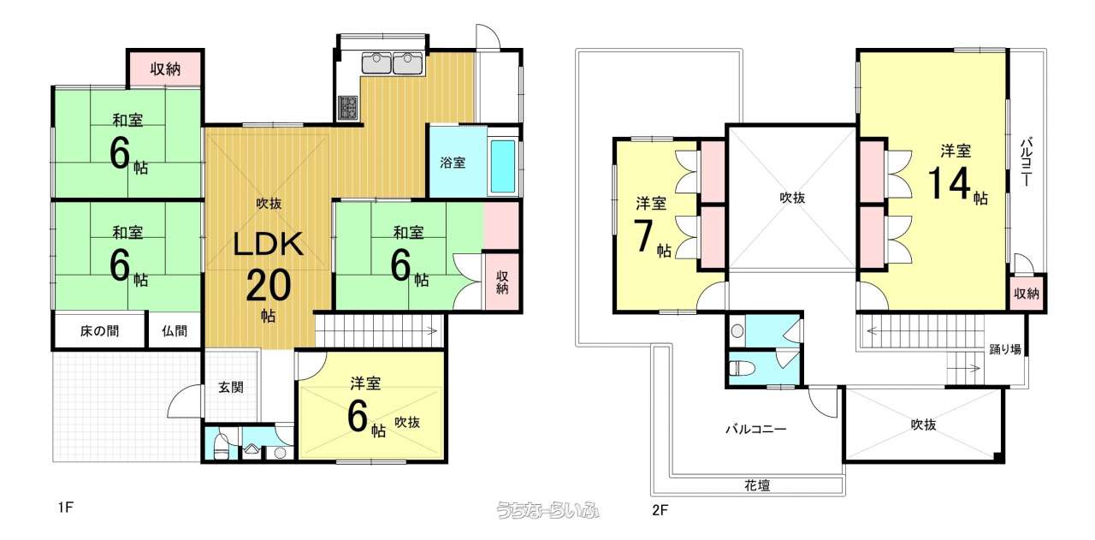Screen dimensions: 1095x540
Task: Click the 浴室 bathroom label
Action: [x=453, y=163]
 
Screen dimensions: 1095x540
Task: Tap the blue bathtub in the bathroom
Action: [x=503, y=166]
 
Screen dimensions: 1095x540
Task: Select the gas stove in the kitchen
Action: [x=348, y=108]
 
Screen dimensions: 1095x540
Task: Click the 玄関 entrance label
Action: [x=230, y=388]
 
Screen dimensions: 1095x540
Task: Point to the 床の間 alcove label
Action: [x=100, y=331]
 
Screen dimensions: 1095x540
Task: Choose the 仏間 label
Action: [x=175, y=331]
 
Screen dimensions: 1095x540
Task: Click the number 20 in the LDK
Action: [x=269, y=286]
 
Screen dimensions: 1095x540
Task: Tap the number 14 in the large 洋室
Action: [x=949, y=183]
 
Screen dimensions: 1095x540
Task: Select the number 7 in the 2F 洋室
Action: [x=643, y=236]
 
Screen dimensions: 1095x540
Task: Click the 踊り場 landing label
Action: [x=1005, y=349]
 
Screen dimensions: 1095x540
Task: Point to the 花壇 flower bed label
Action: [x=757, y=485]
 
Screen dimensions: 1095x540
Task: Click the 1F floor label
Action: [x=66, y=507]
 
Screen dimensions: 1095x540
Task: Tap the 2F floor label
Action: [x=660, y=510]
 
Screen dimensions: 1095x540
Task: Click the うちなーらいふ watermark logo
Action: [x=547, y=510]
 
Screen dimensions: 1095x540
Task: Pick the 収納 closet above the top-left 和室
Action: [x=165, y=69]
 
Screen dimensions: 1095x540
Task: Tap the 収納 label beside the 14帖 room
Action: [x=1027, y=294]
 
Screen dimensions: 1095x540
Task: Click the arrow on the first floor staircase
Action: [x=432, y=331]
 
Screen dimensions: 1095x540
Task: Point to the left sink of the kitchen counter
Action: [x=376, y=62]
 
